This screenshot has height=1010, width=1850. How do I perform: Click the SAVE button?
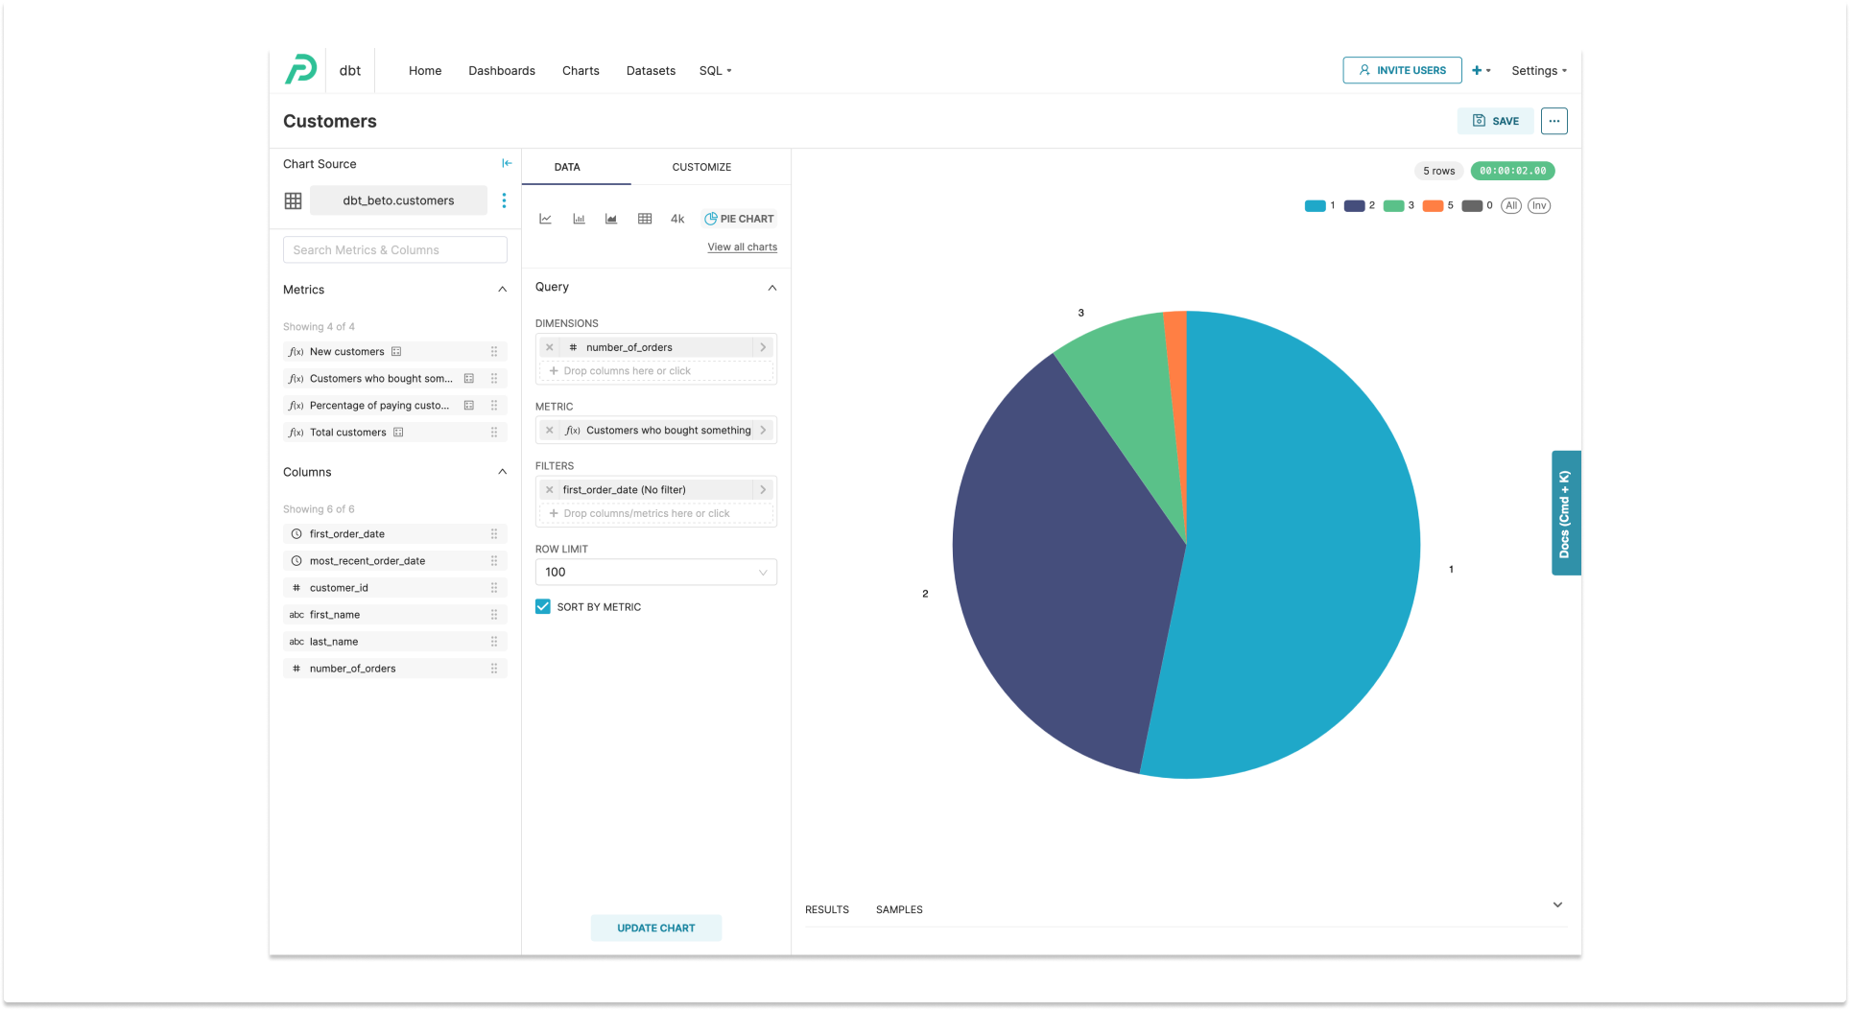1495,121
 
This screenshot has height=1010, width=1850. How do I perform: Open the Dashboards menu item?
501,71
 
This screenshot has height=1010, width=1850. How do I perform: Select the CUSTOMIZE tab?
701,167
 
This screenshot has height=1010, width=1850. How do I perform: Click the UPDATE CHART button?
655,928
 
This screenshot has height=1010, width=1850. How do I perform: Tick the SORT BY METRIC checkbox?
543,607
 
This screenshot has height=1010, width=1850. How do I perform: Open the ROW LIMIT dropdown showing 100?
655,573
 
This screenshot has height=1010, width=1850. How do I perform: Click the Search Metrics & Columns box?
394,250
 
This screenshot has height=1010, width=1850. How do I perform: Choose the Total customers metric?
347,433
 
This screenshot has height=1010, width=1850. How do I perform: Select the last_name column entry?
334,642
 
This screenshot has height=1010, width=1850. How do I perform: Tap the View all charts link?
742,247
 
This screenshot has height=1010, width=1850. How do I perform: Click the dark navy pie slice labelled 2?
1055,556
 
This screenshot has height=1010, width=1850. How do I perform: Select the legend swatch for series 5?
1433,206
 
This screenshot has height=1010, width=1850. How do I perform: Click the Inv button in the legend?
1539,206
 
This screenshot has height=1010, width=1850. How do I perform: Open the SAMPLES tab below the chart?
899,909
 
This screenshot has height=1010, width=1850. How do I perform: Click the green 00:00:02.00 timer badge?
1512,171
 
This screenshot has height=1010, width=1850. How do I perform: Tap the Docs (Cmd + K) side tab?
1565,513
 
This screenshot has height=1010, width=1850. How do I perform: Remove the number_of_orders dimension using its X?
550,348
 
